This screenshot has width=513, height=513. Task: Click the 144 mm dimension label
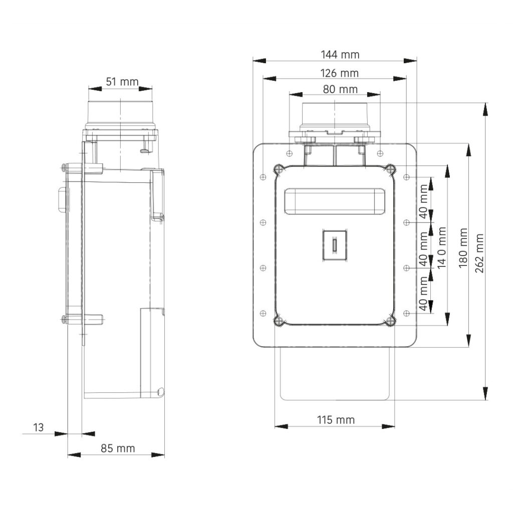340,55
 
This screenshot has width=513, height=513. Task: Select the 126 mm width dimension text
339,73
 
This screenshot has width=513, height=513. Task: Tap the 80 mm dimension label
340,89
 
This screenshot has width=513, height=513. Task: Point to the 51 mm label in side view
122,82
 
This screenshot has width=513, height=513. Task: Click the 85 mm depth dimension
118,448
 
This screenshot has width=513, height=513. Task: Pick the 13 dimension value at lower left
38,427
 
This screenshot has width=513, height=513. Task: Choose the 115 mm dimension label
336,420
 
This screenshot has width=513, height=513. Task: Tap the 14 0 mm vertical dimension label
442,247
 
